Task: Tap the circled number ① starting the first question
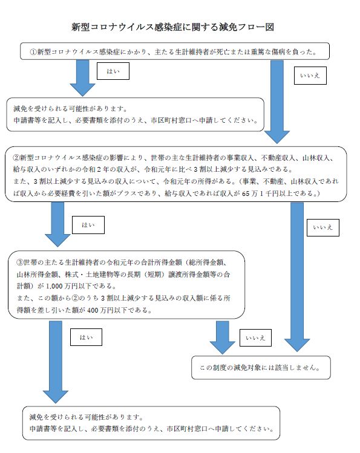pyautogui.click(x=33, y=52)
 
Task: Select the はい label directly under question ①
pyautogui.click(x=113, y=71)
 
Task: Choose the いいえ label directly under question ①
pyautogui.click(x=310, y=76)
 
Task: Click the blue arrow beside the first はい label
pyautogui.click(x=82, y=78)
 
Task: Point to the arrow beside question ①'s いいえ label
pyautogui.click(x=277, y=102)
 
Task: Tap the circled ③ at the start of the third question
pyautogui.click(x=20, y=262)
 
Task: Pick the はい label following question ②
pyautogui.click(x=88, y=225)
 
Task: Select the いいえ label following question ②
pyautogui.click(x=322, y=227)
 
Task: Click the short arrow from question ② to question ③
pyautogui.click(x=57, y=224)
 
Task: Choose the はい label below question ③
pyautogui.click(x=86, y=337)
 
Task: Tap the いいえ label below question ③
pyautogui.click(x=255, y=337)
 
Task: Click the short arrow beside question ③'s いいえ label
pyautogui.click(x=222, y=337)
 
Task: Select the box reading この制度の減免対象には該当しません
pyautogui.click(x=261, y=368)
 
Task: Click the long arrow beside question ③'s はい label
pyautogui.click(x=56, y=362)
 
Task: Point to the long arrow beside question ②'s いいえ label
pyautogui.click(x=297, y=277)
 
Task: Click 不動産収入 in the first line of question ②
pyautogui.click(x=278, y=158)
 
